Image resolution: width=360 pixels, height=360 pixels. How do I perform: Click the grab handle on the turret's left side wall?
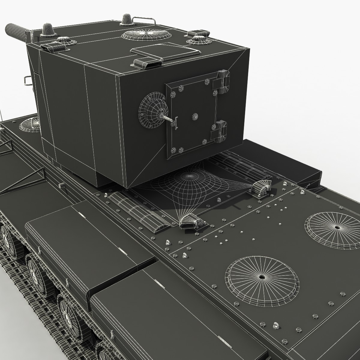pyautogui.click(x=27, y=80)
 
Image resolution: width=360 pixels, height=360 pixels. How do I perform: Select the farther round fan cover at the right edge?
pyautogui.click(x=333, y=226)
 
